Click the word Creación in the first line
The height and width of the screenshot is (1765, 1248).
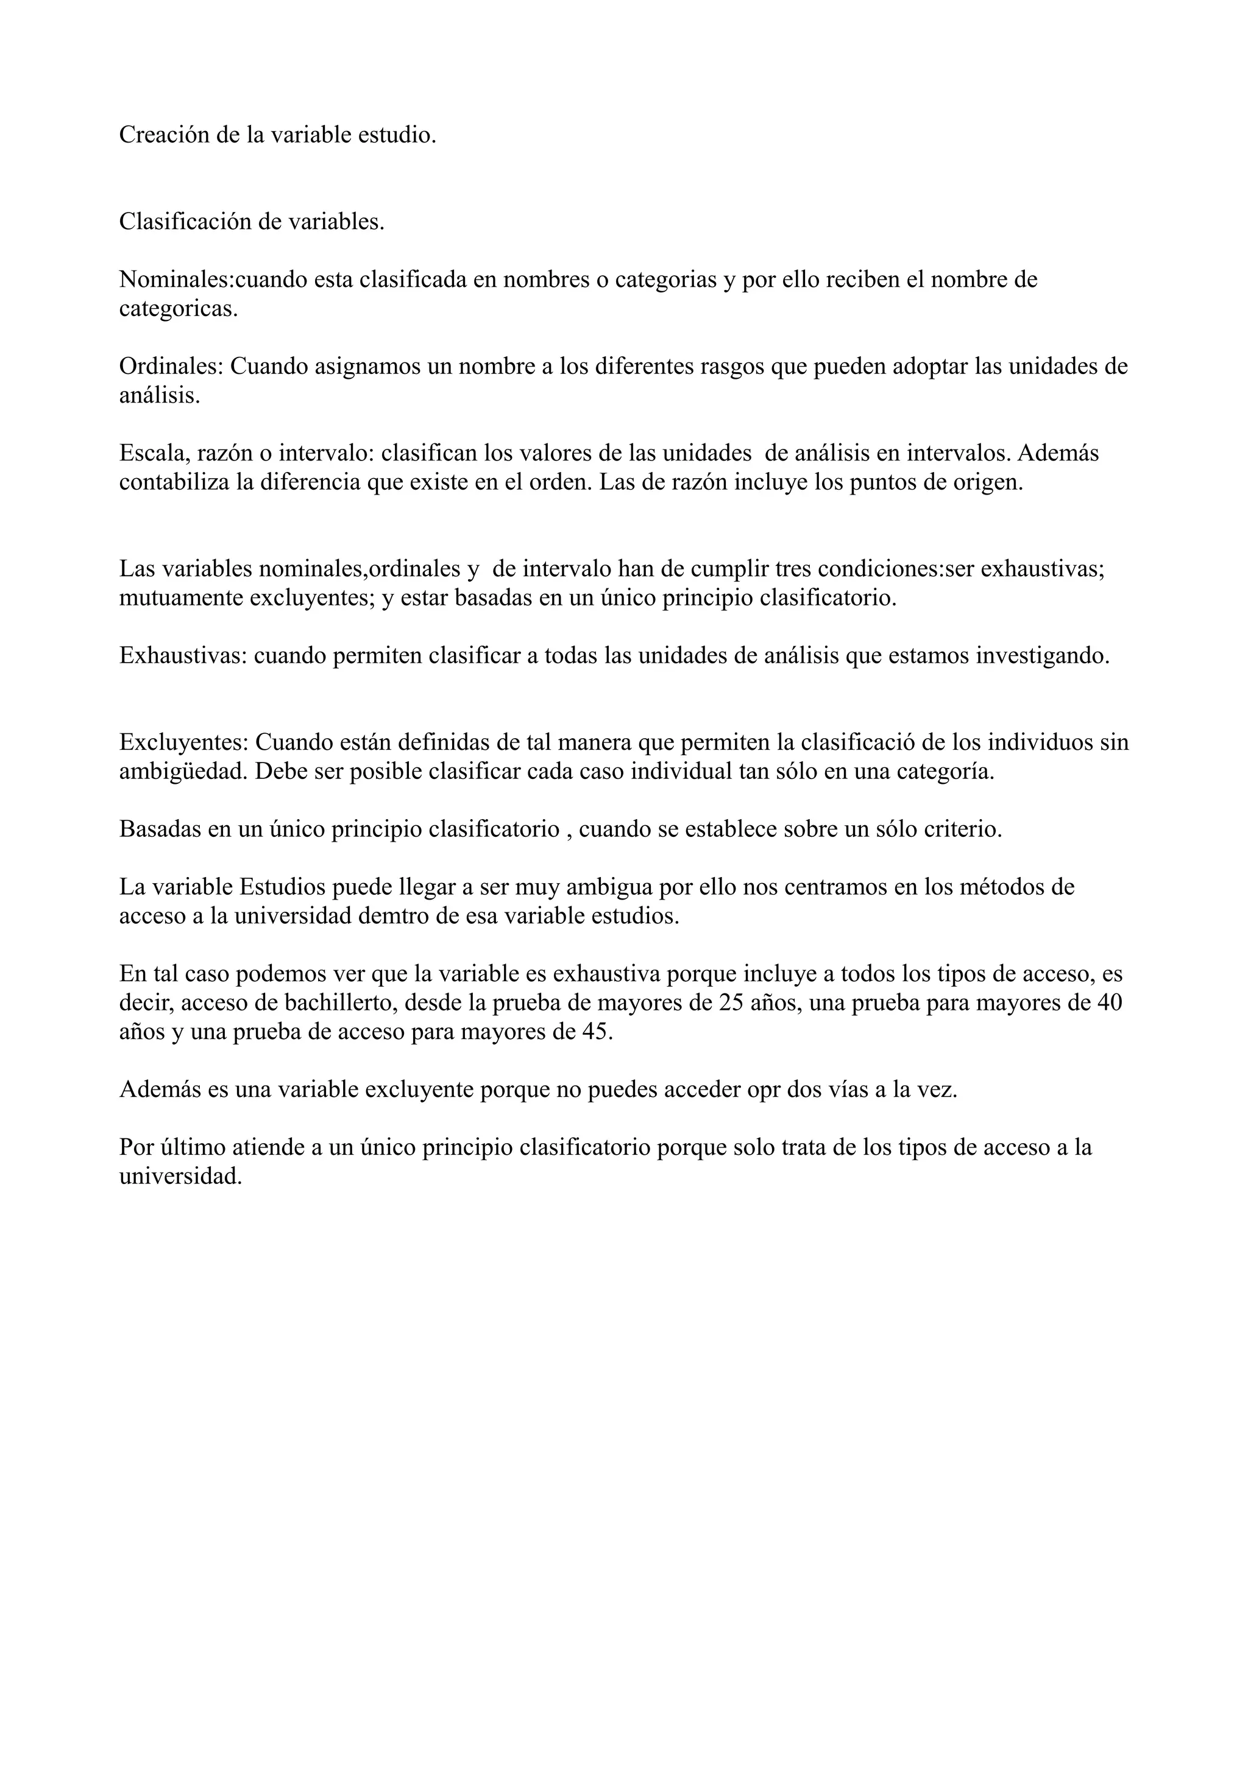[164, 135]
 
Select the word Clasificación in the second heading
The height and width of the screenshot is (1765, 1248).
[185, 222]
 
